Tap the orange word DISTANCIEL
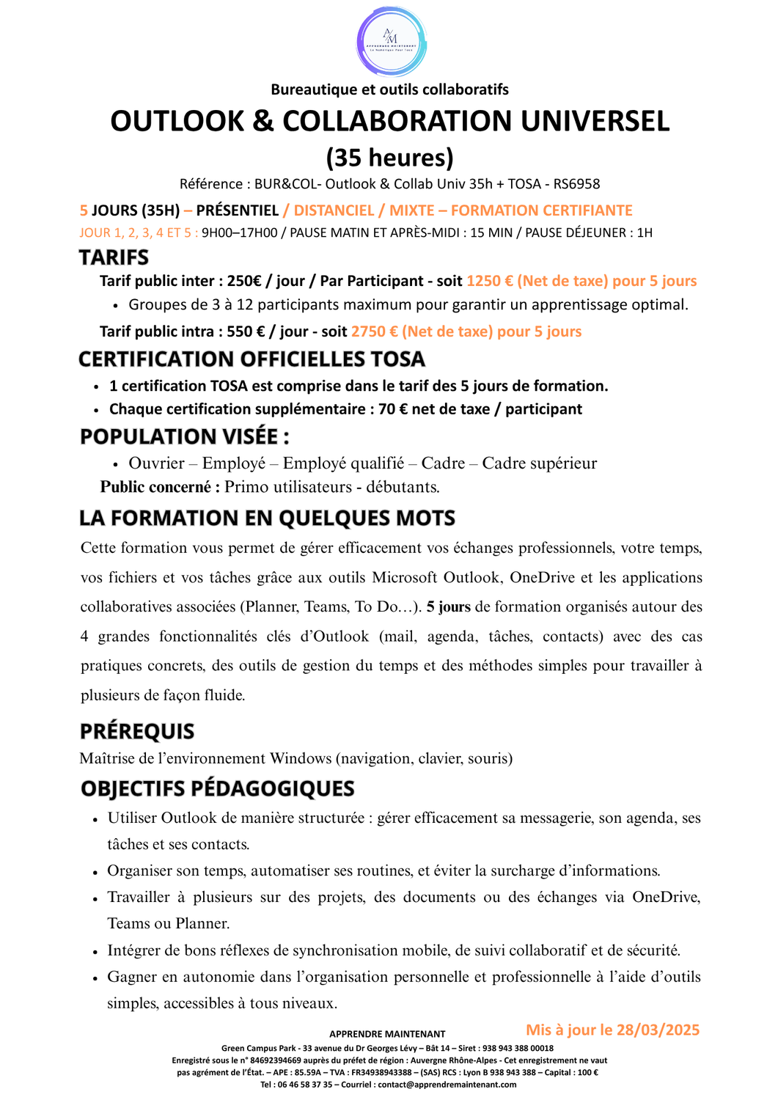point(334,210)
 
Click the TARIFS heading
point(114,257)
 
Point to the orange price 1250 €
point(489,281)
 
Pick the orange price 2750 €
point(374,331)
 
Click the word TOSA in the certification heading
point(397,359)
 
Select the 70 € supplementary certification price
point(392,409)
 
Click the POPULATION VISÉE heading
point(184,437)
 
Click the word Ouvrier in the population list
point(156,463)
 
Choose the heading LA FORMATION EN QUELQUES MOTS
point(267,518)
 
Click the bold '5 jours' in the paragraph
point(448,607)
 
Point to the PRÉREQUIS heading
point(137,731)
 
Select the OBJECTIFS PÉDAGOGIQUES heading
point(217,789)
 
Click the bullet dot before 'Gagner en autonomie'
point(95,978)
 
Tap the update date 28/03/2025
point(657,1030)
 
